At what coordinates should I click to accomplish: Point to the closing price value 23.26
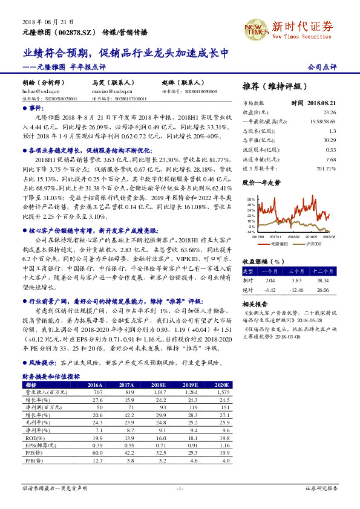[x=330, y=112]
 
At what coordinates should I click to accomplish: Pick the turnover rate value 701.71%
[x=327, y=168]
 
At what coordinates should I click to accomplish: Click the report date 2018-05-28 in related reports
[x=310, y=320]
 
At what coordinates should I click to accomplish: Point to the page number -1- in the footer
[x=180, y=488]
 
